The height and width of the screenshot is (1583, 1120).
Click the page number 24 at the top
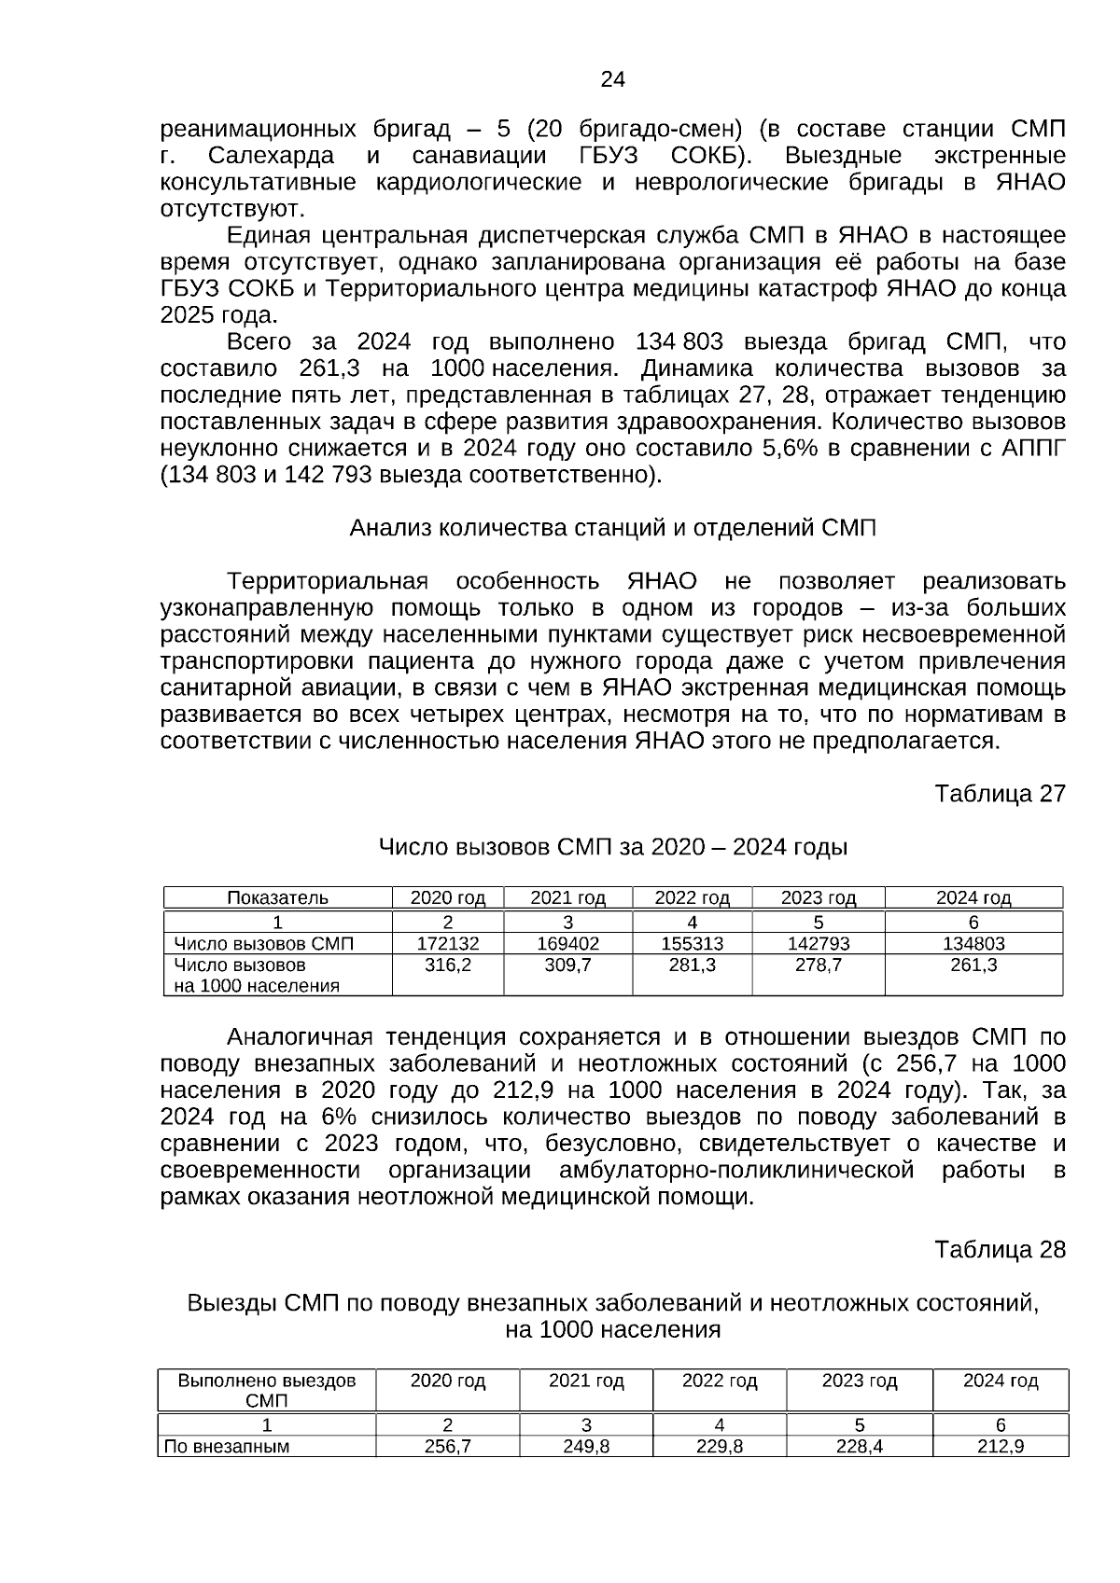click(x=612, y=80)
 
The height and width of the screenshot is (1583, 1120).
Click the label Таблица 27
click(x=1000, y=794)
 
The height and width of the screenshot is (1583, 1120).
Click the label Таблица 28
click(x=1000, y=1250)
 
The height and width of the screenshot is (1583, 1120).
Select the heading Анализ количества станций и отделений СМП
click(x=612, y=528)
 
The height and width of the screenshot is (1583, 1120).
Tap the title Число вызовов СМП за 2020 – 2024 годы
click(x=612, y=848)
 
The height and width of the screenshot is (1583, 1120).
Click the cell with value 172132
click(x=448, y=944)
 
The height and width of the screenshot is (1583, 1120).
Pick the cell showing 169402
click(x=567, y=944)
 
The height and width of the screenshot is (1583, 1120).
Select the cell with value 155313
click(x=692, y=944)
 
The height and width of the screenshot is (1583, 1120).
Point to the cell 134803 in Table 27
click(x=973, y=944)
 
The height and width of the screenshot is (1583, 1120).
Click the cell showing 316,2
click(x=448, y=966)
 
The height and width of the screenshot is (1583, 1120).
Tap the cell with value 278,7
click(x=818, y=966)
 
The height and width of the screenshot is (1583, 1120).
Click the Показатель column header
click(x=277, y=898)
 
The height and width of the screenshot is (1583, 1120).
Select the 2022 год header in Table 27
click(x=692, y=898)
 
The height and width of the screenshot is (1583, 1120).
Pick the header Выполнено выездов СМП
click(x=267, y=1390)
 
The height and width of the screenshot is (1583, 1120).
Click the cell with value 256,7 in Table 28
click(x=448, y=1447)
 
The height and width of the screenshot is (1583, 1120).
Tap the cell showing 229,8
click(x=720, y=1447)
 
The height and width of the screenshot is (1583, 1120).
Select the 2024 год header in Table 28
click(x=1001, y=1382)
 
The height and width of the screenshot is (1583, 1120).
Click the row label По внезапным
click(x=227, y=1447)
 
